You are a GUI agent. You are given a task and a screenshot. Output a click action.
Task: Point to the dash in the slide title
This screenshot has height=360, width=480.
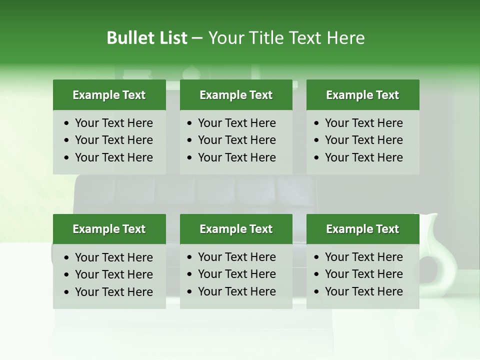[x=197, y=38]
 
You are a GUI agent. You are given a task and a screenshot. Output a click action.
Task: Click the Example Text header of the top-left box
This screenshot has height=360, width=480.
[x=109, y=95]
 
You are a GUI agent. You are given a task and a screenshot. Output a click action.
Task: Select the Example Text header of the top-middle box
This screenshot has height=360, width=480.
[x=236, y=95]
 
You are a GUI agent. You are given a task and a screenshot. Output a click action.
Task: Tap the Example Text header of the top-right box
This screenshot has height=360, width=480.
[x=362, y=95]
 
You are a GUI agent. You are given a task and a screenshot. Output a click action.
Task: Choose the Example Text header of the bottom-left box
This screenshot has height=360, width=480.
[x=109, y=229]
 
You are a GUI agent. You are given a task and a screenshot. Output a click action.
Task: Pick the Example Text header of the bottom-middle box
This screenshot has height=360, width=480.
[x=236, y=229]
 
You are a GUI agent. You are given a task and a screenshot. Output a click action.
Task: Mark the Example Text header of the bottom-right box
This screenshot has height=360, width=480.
[x=362, y=229]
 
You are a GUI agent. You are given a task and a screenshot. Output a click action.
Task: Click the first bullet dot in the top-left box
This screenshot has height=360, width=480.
[x=67, y=123]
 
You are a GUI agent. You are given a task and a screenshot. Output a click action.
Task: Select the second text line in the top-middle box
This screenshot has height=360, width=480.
[x=236, y=140]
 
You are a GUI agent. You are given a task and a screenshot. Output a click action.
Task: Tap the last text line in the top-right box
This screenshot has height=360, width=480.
[x=363, y=157]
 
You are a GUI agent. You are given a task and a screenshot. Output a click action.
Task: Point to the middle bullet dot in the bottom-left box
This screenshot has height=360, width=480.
[x=67, y=275]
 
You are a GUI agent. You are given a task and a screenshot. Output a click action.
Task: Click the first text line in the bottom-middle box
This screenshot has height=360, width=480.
[x=236, y=257]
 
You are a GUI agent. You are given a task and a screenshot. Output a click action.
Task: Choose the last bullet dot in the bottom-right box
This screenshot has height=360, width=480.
[x=317, y=292]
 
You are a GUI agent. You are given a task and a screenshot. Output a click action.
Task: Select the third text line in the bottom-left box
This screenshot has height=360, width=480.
[x=113, y=292]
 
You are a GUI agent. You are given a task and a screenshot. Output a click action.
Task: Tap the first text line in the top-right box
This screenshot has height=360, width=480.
[x=363, y=123]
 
